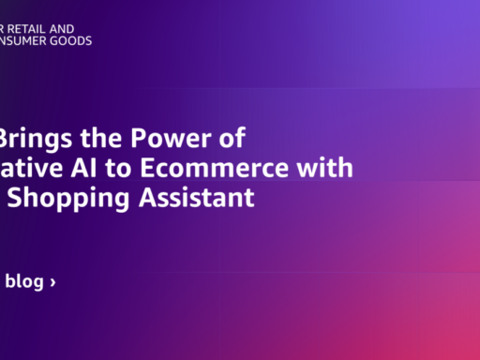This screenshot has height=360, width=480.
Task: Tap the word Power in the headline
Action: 160,140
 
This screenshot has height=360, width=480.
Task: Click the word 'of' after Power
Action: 231,140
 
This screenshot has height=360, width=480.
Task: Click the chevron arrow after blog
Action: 52,282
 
